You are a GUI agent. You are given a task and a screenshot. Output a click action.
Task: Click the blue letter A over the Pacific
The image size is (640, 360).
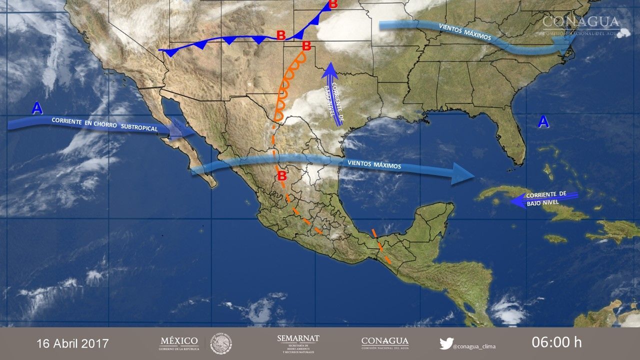tap(36, 108)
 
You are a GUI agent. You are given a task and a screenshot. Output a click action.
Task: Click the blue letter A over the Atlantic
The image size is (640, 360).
tap(543, 121)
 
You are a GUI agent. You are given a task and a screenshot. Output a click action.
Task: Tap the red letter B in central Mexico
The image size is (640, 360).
tap(282, 176)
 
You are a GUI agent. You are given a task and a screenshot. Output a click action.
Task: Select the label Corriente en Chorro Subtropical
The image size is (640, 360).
tap(104, 124)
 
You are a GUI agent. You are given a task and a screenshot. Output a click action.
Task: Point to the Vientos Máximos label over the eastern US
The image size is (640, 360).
tap(464, 31)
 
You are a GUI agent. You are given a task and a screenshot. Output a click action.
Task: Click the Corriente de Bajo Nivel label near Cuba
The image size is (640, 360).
tap(546, 198)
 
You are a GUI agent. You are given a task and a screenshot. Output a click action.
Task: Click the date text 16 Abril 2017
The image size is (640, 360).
tap(72, 343)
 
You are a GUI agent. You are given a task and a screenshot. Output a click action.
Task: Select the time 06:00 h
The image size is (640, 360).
tap(556, 342)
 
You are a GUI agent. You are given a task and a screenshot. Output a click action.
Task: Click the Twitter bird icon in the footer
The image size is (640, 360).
tap(446, 343)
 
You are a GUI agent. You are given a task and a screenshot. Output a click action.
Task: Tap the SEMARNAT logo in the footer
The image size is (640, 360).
tap(298, 343)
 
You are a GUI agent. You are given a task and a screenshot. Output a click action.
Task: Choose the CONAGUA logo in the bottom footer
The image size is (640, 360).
tap(384, 343)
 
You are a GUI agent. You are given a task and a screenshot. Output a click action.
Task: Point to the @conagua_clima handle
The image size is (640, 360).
tap(474, 345)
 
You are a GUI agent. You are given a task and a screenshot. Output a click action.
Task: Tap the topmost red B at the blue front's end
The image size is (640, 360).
tap(333, 4)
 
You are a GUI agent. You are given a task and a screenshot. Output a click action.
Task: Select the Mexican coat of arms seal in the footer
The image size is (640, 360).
tap(220, 343)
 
